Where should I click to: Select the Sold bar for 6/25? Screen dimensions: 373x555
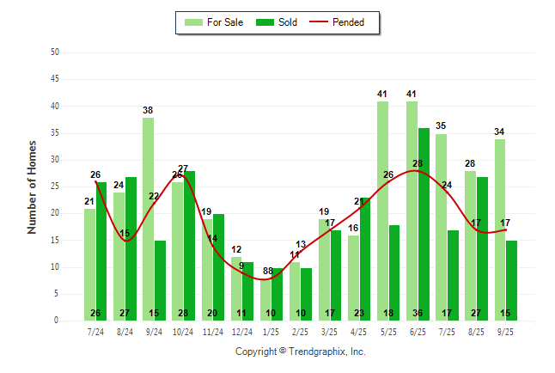point(424,223)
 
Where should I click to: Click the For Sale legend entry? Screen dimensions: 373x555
point(215,22)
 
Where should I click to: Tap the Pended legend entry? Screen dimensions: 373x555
point(344,22)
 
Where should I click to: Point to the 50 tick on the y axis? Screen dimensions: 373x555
point(55,52)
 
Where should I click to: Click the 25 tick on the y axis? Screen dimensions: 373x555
point(55,186)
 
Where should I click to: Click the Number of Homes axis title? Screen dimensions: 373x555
point(32,186)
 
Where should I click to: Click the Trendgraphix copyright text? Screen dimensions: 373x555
point(301,352)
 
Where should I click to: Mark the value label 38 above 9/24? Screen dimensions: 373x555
point(149,110)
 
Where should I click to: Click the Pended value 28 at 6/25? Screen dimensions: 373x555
point(418,163)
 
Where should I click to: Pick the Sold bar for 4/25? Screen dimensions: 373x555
point(365,259)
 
